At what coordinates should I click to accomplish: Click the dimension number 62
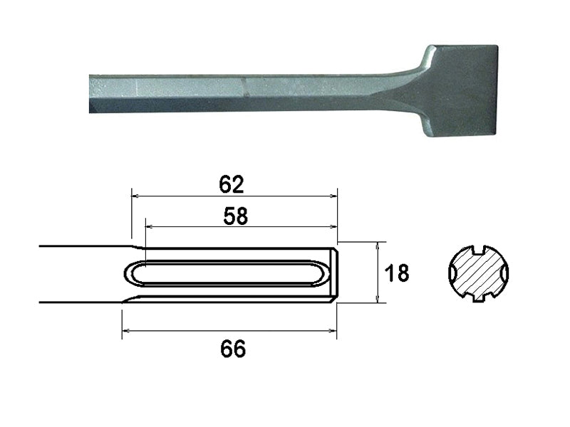pyautogui.click(x=232, y=184)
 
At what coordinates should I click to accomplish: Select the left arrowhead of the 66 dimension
pyautogui.click(x=125, y=330)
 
